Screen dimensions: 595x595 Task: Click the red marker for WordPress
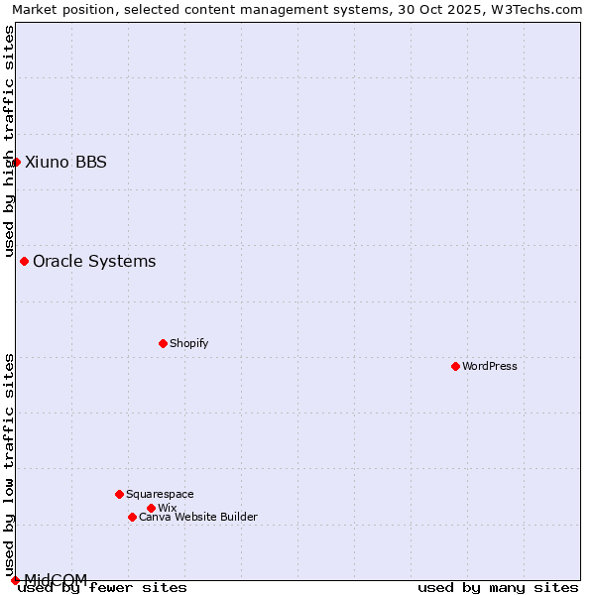[455, 366]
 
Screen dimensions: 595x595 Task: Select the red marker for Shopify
[163, 343]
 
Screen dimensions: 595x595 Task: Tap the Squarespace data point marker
[119, 494]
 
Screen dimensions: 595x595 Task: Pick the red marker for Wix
[151, 508]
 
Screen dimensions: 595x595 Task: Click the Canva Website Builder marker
[132, 517]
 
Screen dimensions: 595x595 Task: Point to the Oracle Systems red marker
[24, 261]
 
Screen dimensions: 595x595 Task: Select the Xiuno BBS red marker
[16, 162]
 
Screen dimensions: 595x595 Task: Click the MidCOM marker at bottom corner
[15, 580]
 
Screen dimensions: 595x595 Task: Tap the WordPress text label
[490, 366]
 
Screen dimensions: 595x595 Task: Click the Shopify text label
[188, 343]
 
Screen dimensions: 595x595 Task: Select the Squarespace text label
[160, 494]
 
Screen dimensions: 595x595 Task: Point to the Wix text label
[167, 508]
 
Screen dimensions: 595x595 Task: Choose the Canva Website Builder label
[198, 517]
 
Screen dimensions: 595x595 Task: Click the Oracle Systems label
[94, 261]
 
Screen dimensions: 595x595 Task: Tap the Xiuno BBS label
[65, 162]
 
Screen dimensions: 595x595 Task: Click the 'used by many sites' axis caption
[498, 587]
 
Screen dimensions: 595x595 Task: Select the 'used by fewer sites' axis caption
[102, 587]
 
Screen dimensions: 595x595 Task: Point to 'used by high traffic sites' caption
[9, 142]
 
